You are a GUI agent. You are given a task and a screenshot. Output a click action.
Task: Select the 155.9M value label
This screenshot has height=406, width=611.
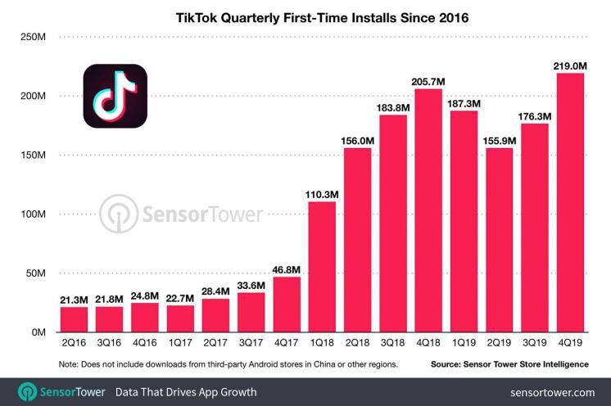click(x=500, y=138)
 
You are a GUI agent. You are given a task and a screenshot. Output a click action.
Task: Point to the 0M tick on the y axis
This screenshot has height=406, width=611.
click(x=36, y=332)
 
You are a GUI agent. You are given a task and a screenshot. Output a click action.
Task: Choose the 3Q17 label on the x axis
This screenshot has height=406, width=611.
click(x=251, y=345)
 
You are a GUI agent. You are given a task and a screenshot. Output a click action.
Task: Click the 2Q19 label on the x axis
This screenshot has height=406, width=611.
click(x=500, y=345)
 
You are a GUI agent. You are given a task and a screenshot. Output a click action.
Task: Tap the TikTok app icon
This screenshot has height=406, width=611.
click(x=114, y=97)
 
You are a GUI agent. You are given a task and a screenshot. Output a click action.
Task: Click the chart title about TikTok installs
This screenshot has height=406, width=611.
click(x=305, y=16)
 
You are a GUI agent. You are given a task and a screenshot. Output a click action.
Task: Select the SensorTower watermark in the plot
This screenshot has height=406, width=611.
click(x=181, y=214)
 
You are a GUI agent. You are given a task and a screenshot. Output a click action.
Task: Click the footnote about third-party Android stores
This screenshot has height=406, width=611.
click(x=217, y=363)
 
